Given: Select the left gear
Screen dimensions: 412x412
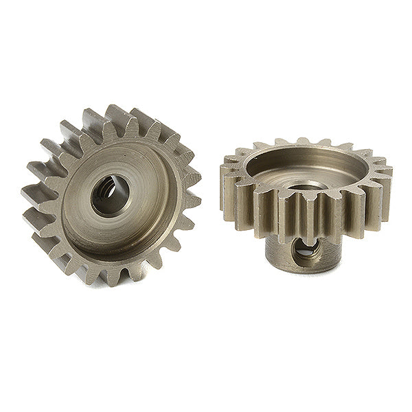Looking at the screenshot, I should pos(110,196).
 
